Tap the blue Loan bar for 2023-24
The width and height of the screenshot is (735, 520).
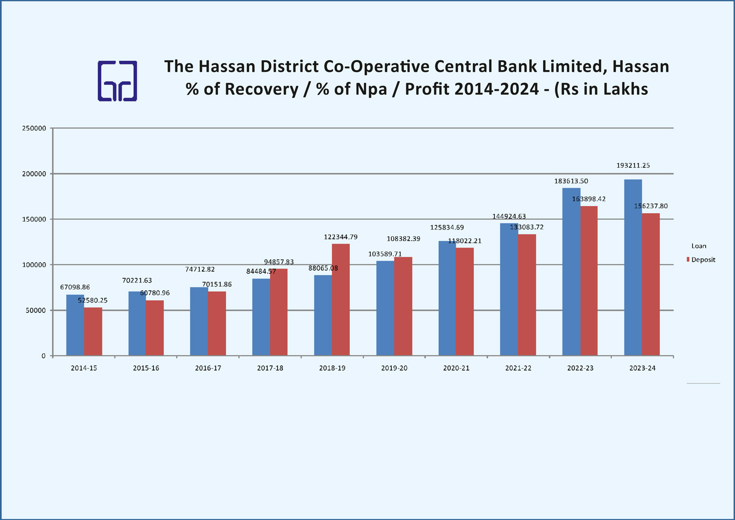click(633, 267)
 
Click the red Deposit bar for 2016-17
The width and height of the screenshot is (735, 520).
click(217, 323)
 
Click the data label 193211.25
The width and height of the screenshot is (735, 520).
click(633, 166)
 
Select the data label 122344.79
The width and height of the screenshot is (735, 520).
click(341, 237)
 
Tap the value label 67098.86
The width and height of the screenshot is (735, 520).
click(75, 287)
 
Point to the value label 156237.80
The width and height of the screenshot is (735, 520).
click(651, 206)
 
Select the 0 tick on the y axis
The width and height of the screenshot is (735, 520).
click(44, 356)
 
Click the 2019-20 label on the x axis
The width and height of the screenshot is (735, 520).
click(394, 368)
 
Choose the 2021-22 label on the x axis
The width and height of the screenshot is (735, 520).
click(518, 368)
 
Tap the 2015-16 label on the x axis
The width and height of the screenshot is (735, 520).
click(146, 368)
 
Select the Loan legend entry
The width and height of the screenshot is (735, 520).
click(699, 246)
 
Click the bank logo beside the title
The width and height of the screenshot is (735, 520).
click(118, 81)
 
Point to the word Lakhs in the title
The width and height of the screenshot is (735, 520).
click(625, 89)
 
